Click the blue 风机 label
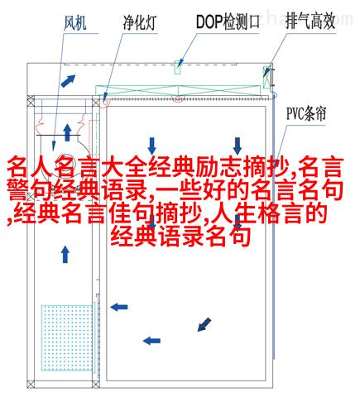[x=74, y=22]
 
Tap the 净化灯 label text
[x=139, y=22]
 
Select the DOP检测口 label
[x=228, y=22]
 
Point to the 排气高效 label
[x=310, y=22]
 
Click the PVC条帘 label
[x=306, y=113]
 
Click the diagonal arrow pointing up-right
[x=68, y=81]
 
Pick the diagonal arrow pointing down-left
[x=204, y=324]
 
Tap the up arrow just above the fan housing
[x=67, y=132]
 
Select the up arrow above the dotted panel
[x=65, y=255]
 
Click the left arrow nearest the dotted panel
[x=119, y=307]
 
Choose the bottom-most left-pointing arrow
[x=151, y=341]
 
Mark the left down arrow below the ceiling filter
[x=151, y=146]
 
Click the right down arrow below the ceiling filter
[x=238, y=146]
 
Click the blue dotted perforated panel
[x=67, y=337]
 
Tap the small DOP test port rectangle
[x=178, y=67]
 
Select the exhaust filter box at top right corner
[x=266, y=77]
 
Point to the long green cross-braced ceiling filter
[x=178, y=90]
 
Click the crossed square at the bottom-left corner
[x=31, y=384]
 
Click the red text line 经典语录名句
[x=180, y=237]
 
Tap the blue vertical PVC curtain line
[x=274, y=226]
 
